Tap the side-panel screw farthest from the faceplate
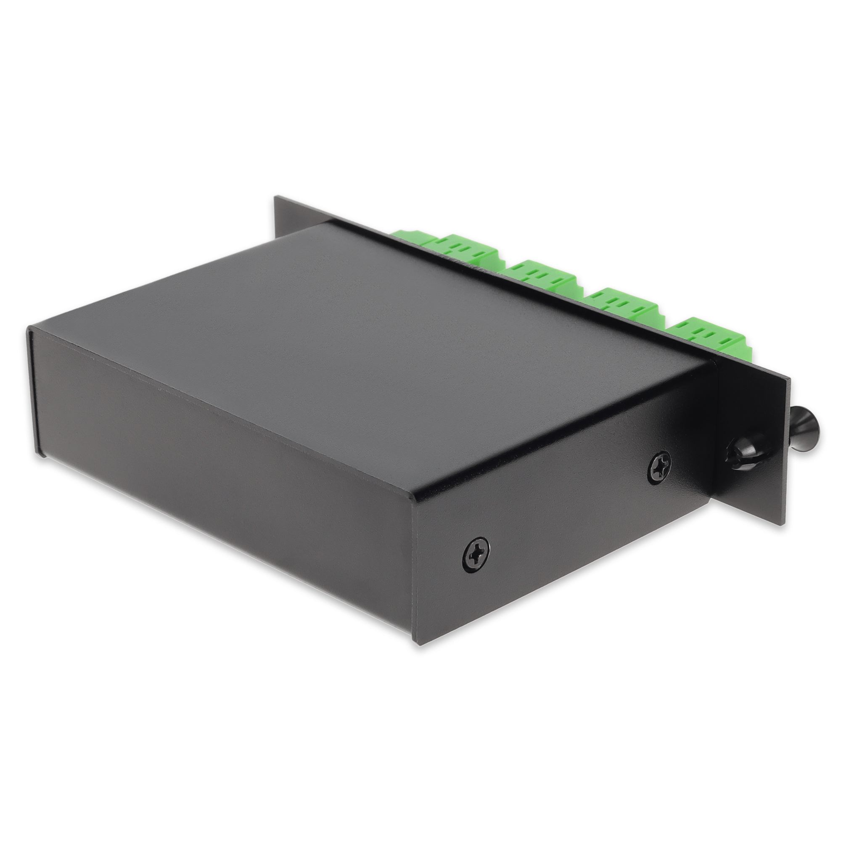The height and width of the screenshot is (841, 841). pyautogui.click(x=475, y=555)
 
